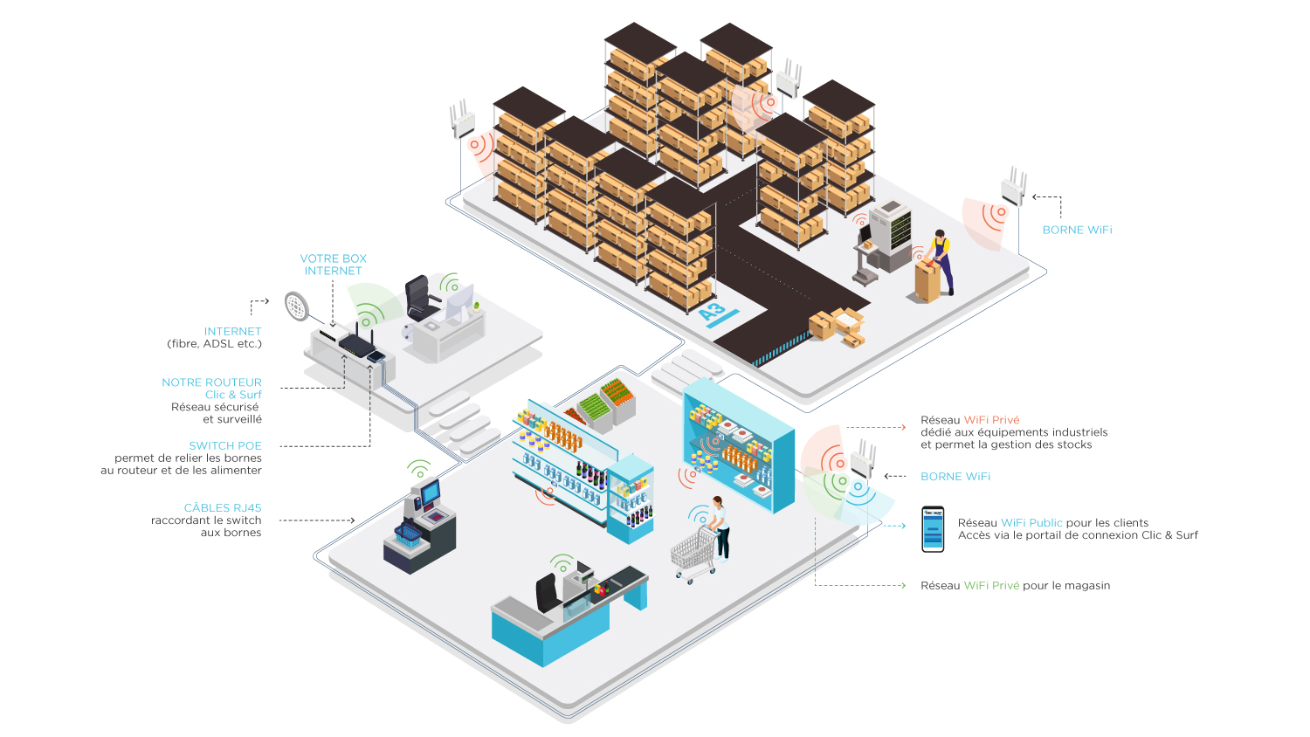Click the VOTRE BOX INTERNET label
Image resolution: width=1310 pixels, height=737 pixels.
click(333, 265)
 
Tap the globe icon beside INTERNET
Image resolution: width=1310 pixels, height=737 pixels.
click(297, 306)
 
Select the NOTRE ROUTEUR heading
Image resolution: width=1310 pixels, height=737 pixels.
click(211, 382)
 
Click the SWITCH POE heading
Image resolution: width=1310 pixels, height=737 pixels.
click(225, 445)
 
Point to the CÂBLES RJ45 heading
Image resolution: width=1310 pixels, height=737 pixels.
click(223, 507)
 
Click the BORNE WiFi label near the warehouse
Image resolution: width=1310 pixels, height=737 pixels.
click(1077, 230)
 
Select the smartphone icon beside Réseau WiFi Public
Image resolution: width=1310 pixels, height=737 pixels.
click(933, 529)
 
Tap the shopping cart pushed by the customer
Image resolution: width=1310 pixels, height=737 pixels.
click(694, 552)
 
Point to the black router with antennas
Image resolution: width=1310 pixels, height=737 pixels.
click(356, 342)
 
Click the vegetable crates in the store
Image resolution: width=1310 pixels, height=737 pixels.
click(605, 402)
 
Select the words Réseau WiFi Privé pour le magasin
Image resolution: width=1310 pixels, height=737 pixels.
click(1015, 586)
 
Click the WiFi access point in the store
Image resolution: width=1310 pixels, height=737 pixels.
click(862, 459)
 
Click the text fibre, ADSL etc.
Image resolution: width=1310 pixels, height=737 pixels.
click(214, 344)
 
